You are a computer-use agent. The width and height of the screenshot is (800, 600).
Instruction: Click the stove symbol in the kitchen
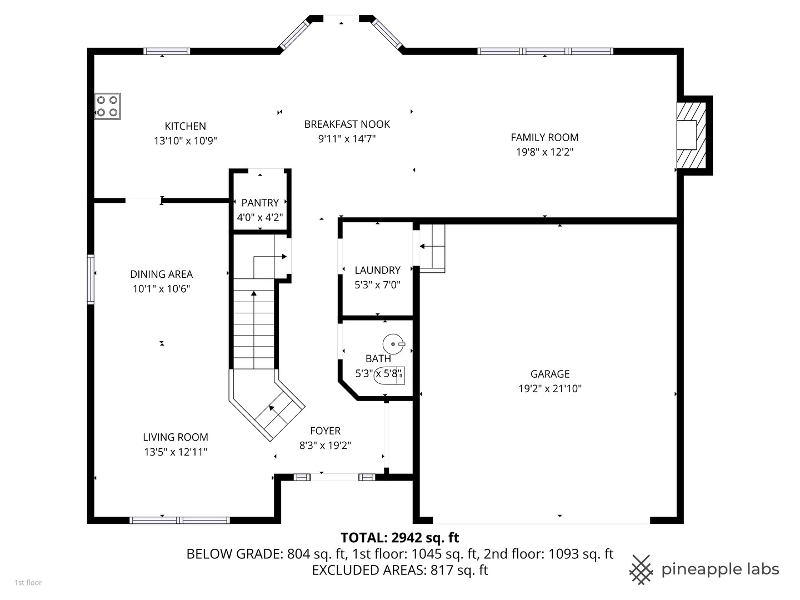click(107, 106)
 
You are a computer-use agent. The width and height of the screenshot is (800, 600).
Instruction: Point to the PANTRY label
click(260, 203)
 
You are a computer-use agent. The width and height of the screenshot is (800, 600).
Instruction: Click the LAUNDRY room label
click(377, 270)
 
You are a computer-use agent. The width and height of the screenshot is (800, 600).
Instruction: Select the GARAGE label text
click(549, 374)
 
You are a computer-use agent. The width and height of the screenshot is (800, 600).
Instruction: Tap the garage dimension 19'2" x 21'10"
click(549, 389)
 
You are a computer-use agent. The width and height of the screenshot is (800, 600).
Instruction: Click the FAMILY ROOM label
click(544, 137)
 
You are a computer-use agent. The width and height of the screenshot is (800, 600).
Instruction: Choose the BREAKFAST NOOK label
click(347, 124)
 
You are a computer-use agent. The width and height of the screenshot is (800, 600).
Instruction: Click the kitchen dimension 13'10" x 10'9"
click(185, 141)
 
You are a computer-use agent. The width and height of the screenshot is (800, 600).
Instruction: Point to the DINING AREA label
click(161, 274)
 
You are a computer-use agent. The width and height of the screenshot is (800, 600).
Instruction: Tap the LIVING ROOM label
click(175, 437)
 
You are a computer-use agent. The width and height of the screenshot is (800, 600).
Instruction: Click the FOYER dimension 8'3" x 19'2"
click(325, 446)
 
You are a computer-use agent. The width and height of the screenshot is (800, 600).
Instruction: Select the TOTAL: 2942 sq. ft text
click(399, 537)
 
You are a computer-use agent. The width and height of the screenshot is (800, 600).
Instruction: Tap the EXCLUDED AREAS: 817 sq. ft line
click(399, 570)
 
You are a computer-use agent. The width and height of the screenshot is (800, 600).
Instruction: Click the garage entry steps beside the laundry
click(432, 248)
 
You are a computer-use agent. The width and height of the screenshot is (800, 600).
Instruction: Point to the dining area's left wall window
click(91, 279)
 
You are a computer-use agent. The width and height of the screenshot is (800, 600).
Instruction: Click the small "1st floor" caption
click(28, 583)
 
